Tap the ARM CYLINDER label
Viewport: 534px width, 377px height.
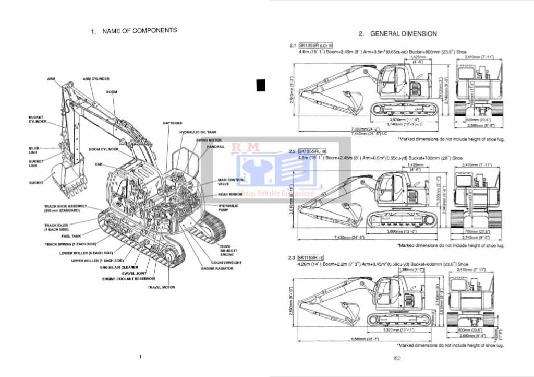pyautogui.click(x=96, y=79)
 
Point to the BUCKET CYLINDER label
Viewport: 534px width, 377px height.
pyautogui.click(x=36, y=119)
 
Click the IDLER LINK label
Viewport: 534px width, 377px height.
pyautogui.click(x=34, y=150)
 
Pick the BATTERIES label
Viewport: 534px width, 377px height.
pyautogui.click(x=173, y=123)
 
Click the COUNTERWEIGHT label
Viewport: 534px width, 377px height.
pyautogui.click(x=226, y=262)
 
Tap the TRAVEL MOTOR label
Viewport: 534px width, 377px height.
pyautogui.click(x=161, y=287)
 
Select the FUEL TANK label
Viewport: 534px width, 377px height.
pyautogui.click(x=71, y=236)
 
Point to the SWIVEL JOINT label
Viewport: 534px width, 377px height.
pyautogui.click(x=134, y=273)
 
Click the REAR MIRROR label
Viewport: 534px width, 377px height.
pyautogui.click(x=229, y=194)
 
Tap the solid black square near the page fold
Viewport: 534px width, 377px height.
pyautogui.click(x=261, y=85)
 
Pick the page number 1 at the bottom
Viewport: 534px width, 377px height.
pyautogui.click(x=140, y=357)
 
